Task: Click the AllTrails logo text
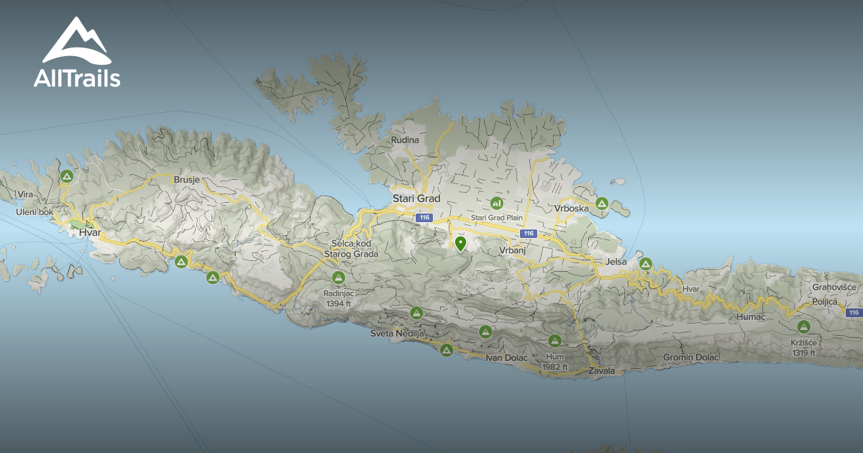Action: coord(77,78)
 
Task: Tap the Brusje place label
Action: coord(186,180)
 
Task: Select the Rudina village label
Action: coord(405,140)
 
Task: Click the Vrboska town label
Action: coord(571,209)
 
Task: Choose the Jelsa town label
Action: coord(617,262)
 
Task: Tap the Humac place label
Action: coord(753,316)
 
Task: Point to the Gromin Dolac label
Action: coord(690,357)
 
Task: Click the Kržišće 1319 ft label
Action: coord(803,348)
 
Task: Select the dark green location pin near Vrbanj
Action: coord(461,244)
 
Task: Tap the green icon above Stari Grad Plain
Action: coord(496,203)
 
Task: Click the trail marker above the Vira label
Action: coord(67,175)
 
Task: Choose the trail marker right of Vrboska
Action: coord(602,203)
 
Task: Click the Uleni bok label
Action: coord(34,212)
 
